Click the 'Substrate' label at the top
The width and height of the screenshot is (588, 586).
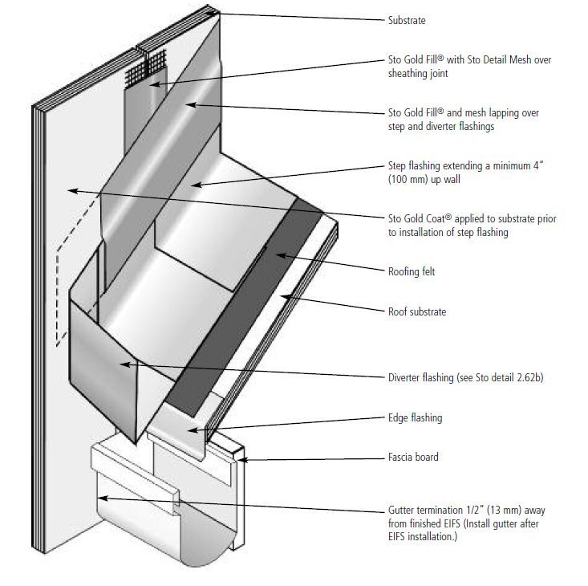[407, 21]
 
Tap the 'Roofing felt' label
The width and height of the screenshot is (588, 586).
[411, 272]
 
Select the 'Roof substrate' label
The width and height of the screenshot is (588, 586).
[415, 311]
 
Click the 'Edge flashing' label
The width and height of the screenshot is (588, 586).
[415, 418]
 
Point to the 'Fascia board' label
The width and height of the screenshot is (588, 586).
[413, 458]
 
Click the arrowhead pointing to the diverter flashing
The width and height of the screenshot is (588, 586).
[121, 364]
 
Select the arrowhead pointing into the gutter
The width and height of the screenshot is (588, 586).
[99, 499]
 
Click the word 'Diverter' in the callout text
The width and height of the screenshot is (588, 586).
[405, 376]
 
